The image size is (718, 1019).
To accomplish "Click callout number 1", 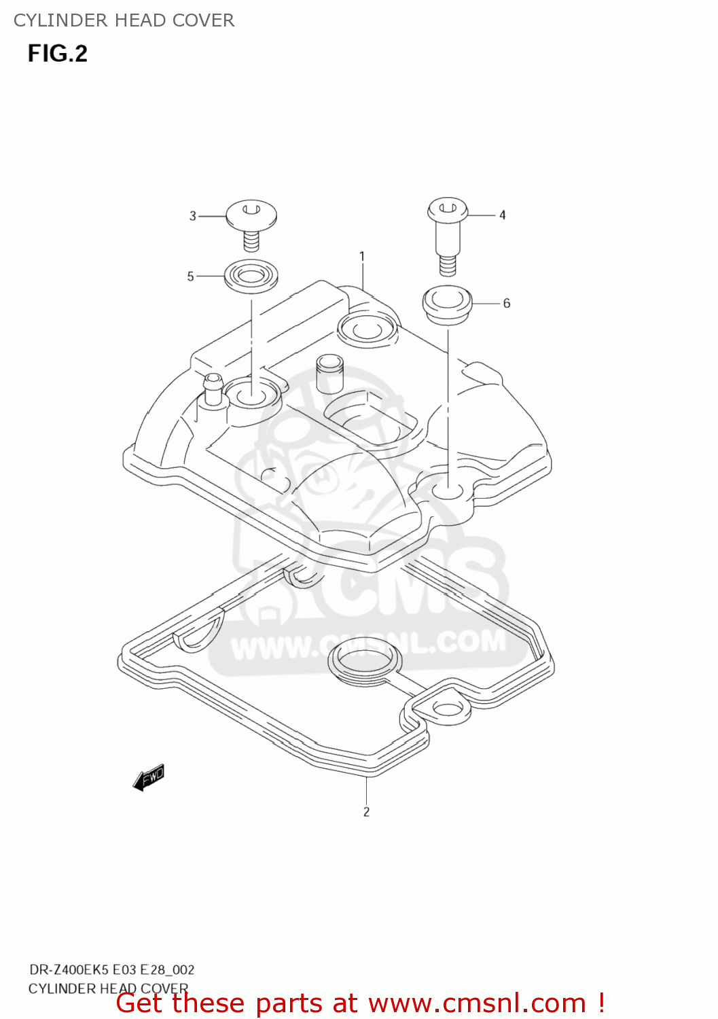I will click(x=362, y=256).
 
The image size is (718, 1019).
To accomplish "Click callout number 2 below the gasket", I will click(x=366, y=812).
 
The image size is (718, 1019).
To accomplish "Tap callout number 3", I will click(x=192, y=216).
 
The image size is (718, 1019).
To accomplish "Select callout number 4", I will click(x=503, y=215).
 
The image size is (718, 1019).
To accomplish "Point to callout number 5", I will click(x=191, y=276).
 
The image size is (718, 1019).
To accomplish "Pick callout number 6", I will click(x=507, y=304).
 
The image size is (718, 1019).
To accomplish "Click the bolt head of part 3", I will click(x=251, y=214).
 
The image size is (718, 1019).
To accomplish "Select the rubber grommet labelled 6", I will click(x=447, y=304).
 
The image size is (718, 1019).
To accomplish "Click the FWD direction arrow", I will click(x=149, y=777).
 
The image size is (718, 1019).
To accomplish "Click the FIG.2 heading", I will click(x=58, y=54).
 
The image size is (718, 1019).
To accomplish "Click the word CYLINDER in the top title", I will click(x=51, y=20).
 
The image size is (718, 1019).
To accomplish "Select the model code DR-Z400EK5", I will click(x=68, y=969).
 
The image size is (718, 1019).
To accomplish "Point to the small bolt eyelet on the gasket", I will click(x=446, y=709).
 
